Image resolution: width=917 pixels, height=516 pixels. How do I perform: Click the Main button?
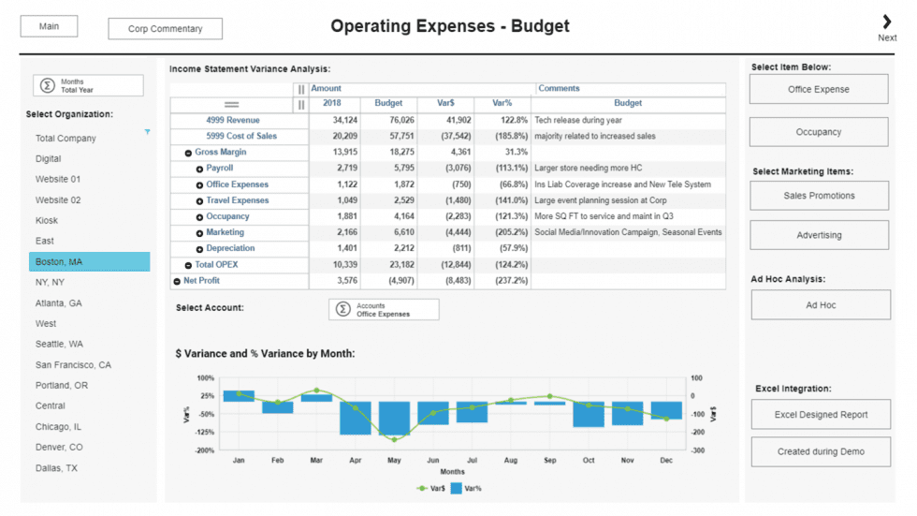pos(49,26)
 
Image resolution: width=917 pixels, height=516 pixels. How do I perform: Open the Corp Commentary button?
pos(165,29)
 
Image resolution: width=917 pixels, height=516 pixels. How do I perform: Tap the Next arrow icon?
pos(886,22)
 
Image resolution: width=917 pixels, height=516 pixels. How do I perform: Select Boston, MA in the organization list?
pos(89,262)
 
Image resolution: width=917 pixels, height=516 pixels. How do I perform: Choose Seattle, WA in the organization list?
pos(59,345)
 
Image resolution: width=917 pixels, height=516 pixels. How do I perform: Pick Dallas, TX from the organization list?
pos(56,468)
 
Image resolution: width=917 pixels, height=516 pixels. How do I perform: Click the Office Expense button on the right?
pos(818,90)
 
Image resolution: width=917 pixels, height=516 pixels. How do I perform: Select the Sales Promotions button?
pos(819,196)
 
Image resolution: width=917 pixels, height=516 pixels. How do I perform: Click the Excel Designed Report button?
pos(821,415)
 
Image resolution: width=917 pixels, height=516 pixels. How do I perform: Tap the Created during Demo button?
pos(821,451)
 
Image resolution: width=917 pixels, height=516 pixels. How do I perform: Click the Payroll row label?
pos(219,169)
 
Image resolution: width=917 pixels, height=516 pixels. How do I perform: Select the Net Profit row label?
pos(201,281)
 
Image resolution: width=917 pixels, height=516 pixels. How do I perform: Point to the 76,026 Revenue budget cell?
pos(388,121)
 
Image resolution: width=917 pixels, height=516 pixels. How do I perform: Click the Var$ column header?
pos(444,104)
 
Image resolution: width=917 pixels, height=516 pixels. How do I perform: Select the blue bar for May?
pos(394,419)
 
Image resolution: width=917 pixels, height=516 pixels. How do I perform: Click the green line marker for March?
pos(316,390)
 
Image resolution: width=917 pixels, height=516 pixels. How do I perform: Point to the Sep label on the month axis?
pos(549,461)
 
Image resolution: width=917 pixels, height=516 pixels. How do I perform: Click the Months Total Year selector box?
pos(89,86)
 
